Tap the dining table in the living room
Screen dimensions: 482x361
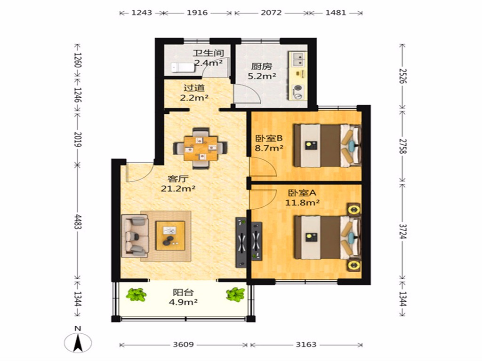click(x=201, y=148)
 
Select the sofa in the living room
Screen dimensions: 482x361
click(x=135, y=236)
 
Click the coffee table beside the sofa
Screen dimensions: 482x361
click(x=170, y=236)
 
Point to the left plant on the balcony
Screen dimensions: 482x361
click(x=136, y=295)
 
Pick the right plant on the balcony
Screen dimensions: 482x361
click(x=235, y=294)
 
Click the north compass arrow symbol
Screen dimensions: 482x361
click(x=78, y=343)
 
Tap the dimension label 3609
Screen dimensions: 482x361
click(x=183, y=345)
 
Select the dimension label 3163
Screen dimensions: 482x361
click(x=306, y=345)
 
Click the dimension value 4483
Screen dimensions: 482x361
click(x=78, y=222)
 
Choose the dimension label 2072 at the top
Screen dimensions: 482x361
click(x=271, y=13)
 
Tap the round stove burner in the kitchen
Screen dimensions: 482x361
click(x=298, y=88)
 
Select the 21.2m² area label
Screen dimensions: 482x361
click(x=178, y=188)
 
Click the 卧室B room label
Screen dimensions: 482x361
click(x=269, y=139)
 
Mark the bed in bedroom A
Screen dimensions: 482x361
click(x=327, y=237)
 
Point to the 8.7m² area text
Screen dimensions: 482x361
click(x=269, y=148)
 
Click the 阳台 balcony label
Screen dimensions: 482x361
click(x=183, y=292)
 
